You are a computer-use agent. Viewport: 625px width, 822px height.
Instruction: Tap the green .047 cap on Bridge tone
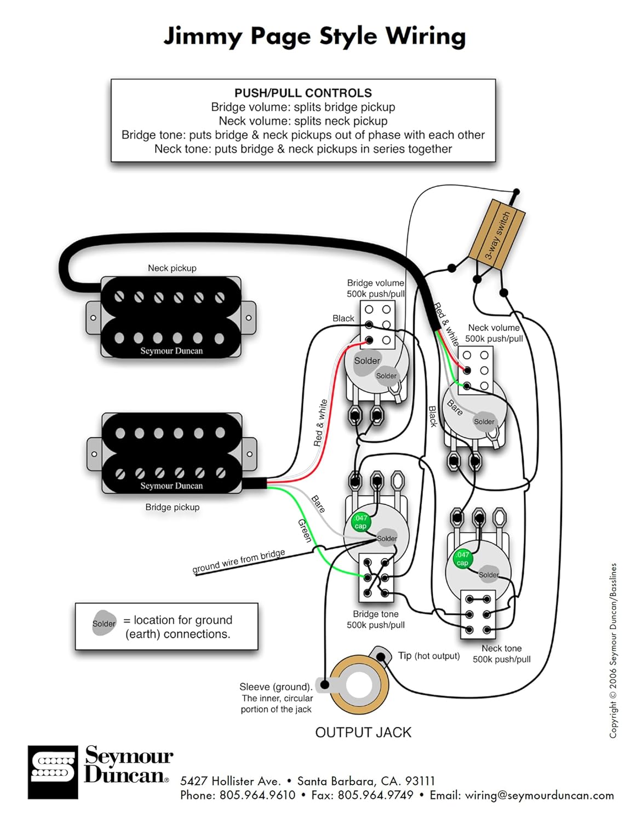coord(360,522)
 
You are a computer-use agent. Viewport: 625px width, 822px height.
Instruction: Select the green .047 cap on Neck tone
coord(462,558)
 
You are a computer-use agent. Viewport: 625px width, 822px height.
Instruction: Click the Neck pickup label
coord(172,268)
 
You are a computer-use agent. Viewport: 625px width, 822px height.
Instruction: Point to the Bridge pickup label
coord(172,507)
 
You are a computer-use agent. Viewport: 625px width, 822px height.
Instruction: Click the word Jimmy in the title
coord(203,37)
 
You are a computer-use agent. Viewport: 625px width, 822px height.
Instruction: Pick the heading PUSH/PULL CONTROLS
coord(303,93)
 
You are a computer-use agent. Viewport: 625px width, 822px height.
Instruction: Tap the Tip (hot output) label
coord(429,656)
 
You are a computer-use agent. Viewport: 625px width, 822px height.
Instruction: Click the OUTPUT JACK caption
coord(363,733)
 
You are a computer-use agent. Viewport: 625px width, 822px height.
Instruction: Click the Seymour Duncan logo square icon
coord(53,772)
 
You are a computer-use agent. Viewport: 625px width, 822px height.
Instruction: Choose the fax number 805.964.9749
coord(375,795)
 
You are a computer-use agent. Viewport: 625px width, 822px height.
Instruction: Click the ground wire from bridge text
coord(238,561)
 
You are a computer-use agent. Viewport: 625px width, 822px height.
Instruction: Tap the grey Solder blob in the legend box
coord(104,623)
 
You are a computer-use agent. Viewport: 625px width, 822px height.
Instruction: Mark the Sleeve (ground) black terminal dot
coord(325,684)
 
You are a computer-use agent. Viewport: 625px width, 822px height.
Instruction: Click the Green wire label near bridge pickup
coord(305,530)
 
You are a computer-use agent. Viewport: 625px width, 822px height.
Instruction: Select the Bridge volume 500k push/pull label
coord(376,288)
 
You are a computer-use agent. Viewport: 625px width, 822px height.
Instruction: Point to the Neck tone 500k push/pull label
coord(501,654)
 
